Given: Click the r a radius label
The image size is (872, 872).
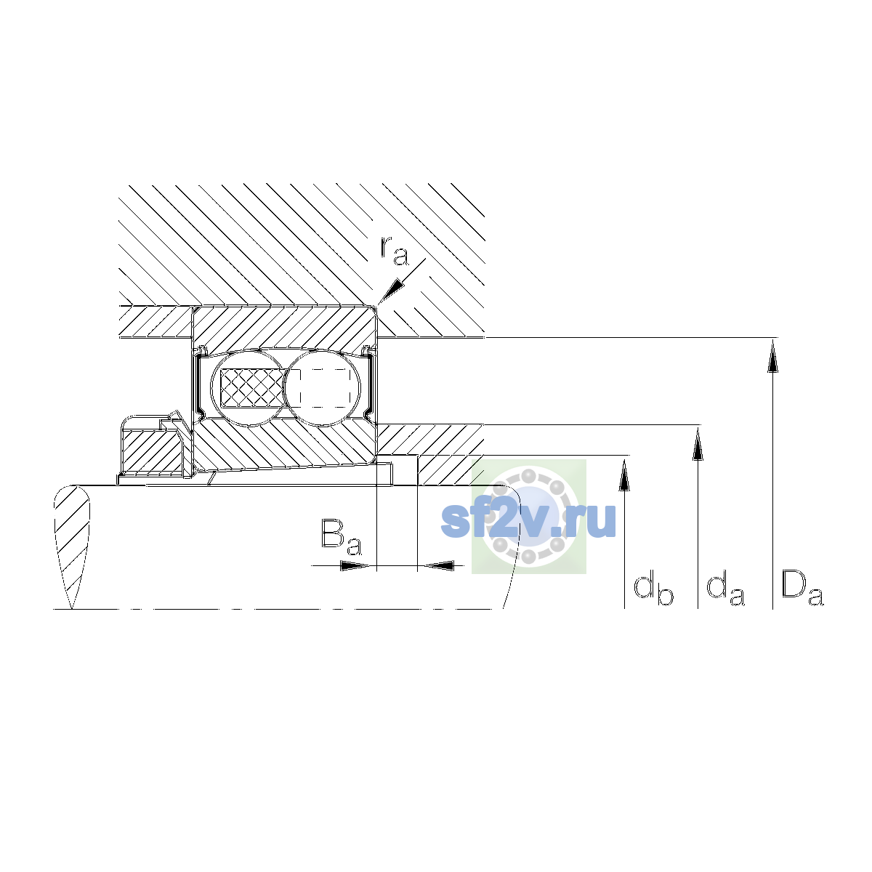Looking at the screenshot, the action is [x=394, y=250].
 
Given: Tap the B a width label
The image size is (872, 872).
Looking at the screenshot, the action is [x=342, y=537].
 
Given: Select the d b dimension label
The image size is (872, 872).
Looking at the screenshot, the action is [x=653, y=590].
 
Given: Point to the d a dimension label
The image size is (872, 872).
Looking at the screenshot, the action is [x=725, y=590].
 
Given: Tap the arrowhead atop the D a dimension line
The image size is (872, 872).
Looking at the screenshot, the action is [x=772, y=357].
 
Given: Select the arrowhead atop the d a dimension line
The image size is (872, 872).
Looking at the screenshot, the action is [x=698, y=445].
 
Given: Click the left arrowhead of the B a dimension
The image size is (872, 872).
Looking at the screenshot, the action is [x=355, y=565].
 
